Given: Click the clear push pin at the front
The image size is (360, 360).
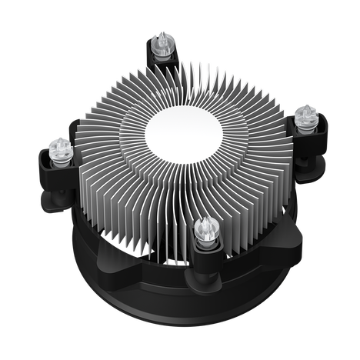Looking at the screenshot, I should [x=205, y=229].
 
